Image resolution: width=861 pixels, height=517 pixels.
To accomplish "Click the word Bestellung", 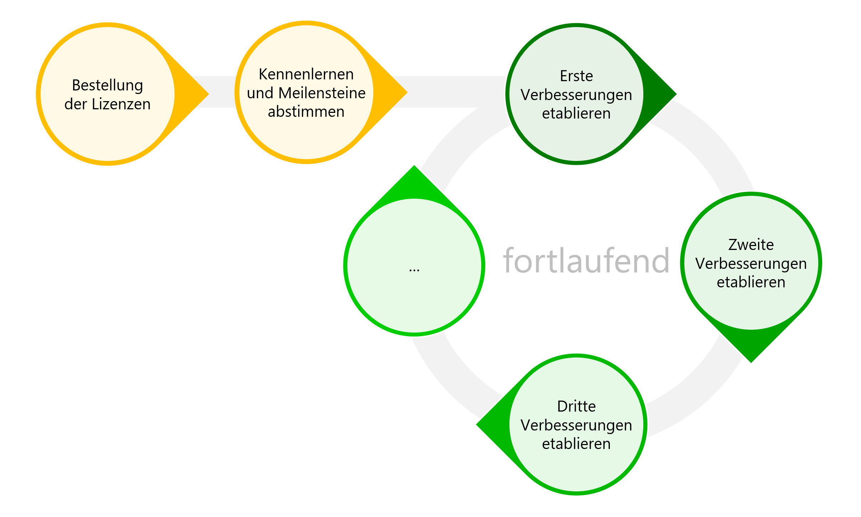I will [107, 86].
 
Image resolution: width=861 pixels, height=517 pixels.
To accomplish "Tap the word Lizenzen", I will [121, 104].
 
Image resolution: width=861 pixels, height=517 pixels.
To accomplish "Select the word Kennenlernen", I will [306, 74].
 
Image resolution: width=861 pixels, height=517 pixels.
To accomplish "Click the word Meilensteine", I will [322, 93].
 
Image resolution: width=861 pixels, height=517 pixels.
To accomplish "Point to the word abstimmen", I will [306, 112].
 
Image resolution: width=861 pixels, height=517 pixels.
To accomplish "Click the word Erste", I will [576, 76].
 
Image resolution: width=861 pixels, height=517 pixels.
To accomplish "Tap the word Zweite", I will [751, 245].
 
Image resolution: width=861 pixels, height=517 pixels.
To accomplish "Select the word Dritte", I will [576, 407].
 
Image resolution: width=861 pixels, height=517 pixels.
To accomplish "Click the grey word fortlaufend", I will [586, 261].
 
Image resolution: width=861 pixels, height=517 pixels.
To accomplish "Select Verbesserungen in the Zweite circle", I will [751, 264].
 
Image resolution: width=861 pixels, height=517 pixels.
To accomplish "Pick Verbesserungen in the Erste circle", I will [576, 95].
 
